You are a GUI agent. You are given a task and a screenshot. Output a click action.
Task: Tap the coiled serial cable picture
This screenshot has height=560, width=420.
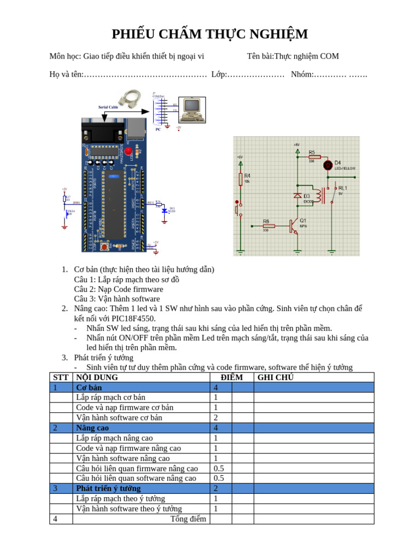point(130,98)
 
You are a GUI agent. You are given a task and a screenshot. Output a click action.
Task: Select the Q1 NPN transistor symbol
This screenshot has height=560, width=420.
point(294,225)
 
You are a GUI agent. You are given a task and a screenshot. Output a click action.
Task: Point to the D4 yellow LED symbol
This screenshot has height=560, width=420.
point(328,165)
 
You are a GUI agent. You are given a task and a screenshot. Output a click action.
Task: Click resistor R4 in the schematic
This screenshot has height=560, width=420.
point(241,179)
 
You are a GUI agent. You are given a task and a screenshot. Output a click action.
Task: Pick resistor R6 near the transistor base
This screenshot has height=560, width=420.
point(267,225)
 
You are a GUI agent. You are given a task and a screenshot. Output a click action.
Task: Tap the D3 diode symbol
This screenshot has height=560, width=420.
point(298,195)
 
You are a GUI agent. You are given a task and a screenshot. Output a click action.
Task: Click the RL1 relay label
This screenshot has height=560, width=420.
point(343,188)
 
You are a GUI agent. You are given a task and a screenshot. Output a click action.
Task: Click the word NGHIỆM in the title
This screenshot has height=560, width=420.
point(276,34)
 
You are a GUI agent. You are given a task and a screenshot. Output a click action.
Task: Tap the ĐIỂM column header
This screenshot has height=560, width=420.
point(231,377)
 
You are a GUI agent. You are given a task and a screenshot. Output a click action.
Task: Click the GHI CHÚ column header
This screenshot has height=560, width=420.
point(275,377)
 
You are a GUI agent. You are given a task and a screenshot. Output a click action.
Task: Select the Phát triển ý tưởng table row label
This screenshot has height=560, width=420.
point(108,488)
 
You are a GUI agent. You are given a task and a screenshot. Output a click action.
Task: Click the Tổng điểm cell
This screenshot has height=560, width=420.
point(188,518)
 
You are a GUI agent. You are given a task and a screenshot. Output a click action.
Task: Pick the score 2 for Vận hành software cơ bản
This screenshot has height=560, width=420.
point(216,418)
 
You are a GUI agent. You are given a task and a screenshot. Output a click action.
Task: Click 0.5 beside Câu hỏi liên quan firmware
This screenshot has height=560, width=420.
point(219,468)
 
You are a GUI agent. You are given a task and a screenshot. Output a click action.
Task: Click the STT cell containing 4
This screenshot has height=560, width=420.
point(55,518)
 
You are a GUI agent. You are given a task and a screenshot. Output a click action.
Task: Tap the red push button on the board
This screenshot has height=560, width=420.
point(104,247)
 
